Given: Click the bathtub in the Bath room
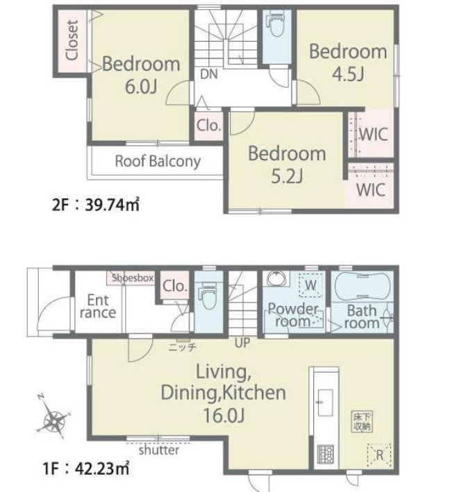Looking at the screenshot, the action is click(363, 287).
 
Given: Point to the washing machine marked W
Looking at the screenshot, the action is click(311, 285).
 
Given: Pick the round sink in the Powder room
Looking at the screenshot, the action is click(277, 279).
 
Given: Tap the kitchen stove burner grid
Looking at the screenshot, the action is click(326, 455).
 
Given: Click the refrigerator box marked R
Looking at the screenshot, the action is click(379, 455).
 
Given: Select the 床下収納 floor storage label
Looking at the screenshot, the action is click(362, 421).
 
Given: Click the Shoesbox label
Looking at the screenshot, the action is click(133, 278).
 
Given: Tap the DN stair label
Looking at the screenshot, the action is click(209, 74).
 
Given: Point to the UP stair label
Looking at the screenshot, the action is click(242, 343).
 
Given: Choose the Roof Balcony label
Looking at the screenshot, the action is click(158, 161).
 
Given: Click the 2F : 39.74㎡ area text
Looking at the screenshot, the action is click(95, 205).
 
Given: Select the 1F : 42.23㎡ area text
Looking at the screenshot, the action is click(85, 469).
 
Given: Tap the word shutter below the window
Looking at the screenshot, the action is click(159, 450).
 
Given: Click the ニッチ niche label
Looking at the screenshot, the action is click(182, 347).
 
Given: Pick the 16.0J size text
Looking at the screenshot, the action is click(224, 415).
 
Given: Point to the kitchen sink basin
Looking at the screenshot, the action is click(325, 402).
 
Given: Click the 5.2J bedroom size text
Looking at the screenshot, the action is click(287, 176).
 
